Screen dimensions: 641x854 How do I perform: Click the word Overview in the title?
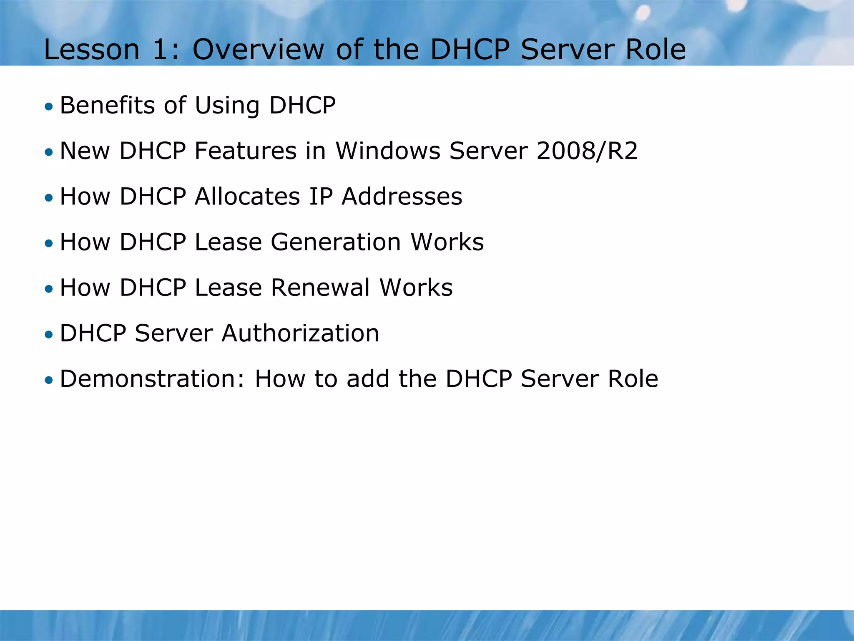[258, 50]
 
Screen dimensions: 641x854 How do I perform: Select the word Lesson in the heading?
[91, 50]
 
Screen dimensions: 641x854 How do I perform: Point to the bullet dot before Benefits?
[49, 107]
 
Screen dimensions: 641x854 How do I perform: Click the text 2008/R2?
[587, 151]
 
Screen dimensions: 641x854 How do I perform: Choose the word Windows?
[387, 151]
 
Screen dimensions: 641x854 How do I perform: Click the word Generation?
[336, 242]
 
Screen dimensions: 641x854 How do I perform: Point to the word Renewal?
[320, 288]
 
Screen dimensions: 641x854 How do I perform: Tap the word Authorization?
[300, 333]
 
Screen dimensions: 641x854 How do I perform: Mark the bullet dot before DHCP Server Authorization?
[49, 335]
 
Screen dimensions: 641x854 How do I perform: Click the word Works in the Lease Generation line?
[447, 242]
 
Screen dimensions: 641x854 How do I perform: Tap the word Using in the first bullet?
[227, 106]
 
